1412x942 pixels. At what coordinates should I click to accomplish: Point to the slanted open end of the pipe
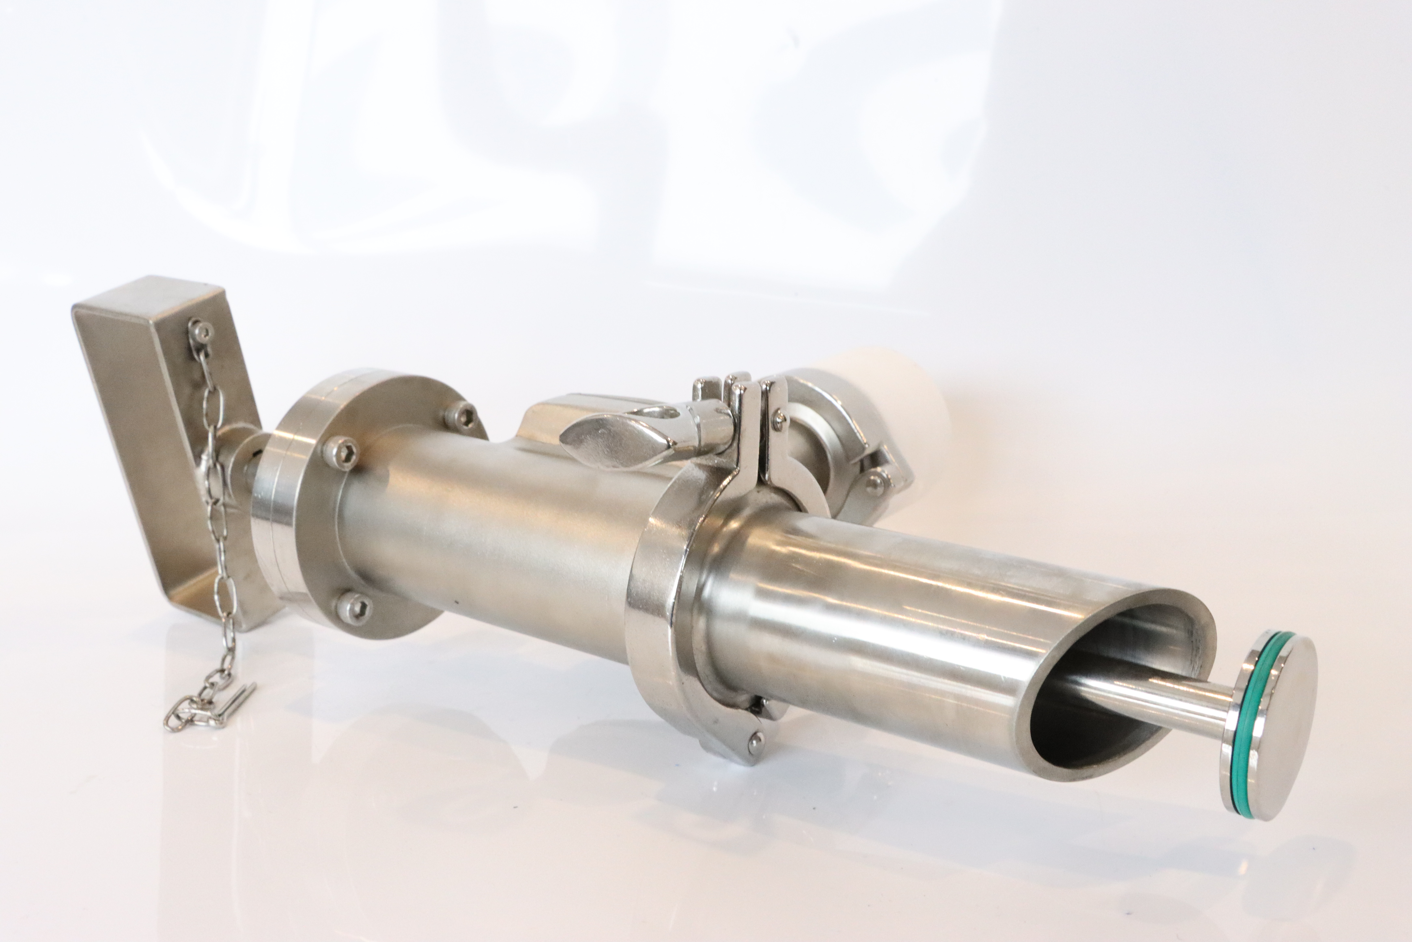(x=1111, y=691)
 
